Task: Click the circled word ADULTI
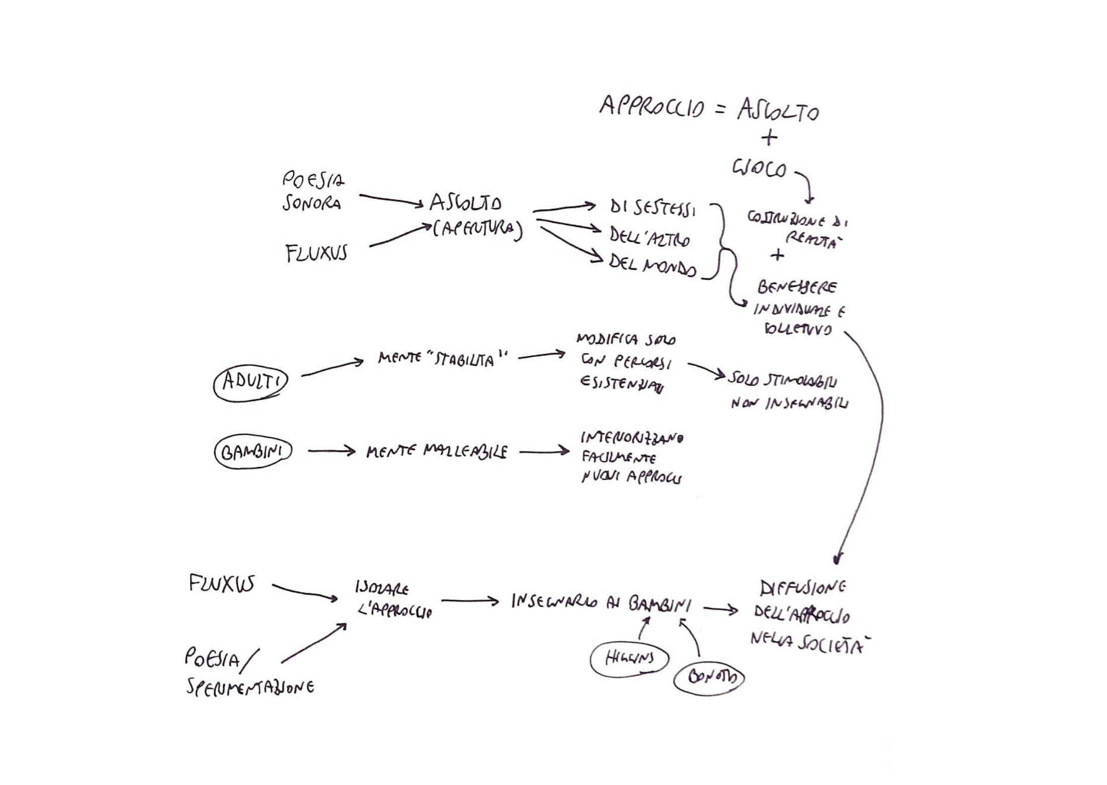pos(250,383)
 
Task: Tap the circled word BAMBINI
pos(252,452)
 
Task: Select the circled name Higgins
pos(629,659)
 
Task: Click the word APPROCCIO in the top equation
pos(651,107)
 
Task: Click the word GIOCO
pos(759,169)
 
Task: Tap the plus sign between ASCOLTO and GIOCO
pos(769,137)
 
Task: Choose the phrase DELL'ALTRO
pos(649,237)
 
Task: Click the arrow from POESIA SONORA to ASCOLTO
pos(391,200)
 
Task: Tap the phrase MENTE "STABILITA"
pos(442,359)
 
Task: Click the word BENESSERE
pos(797,287)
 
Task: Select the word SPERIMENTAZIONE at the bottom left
pos(250,687)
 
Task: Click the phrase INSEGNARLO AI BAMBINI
pos(601,602)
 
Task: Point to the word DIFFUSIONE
pos(802,588)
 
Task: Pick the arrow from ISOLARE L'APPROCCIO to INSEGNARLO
pos(469,601)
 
